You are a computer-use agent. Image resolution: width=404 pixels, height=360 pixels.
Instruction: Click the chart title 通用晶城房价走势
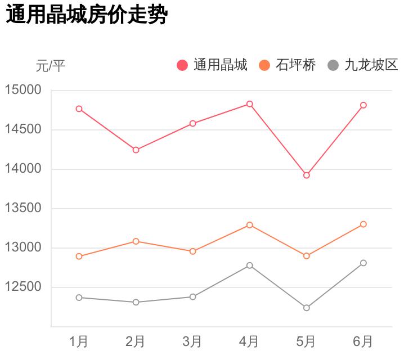[x=87, y=15]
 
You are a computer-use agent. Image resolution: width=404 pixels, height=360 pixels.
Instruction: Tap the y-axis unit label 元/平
[x=51, y=66]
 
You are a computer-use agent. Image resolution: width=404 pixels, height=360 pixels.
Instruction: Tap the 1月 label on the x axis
[x=79, y=341]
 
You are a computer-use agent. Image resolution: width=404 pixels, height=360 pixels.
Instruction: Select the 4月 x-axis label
[x=249, y=341]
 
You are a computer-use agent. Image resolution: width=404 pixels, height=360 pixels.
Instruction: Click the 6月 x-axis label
[x=363, y=341]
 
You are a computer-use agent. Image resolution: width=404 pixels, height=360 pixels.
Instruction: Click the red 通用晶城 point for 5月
[x=307, y=175]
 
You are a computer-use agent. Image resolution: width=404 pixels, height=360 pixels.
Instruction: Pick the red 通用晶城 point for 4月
[x=250, y=104]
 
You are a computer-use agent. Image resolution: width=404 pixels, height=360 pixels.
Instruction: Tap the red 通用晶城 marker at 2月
[x=136, y=150]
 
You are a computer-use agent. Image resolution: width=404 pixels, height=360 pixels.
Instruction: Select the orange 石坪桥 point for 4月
[x=250, y=225]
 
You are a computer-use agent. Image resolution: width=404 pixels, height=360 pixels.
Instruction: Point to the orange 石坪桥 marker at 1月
[x=79, y=256]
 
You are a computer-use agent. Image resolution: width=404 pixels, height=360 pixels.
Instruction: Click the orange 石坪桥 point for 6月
[x=363, y=224]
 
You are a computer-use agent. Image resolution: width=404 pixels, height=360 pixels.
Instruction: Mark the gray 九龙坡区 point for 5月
[x=307, y=308]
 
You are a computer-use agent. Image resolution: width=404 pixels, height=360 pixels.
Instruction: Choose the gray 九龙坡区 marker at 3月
[x=193, y=297]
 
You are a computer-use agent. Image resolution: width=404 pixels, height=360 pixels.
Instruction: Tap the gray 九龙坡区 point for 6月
[x=363, y=263]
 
